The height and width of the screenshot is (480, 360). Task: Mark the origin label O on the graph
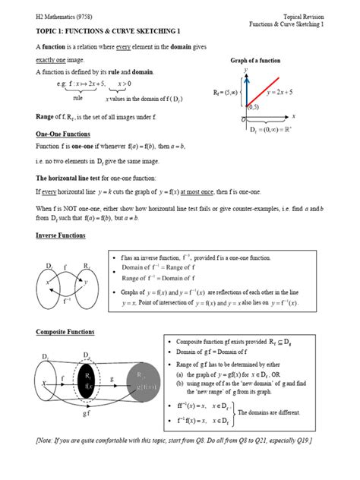pyautogui.click(x=242, y=120)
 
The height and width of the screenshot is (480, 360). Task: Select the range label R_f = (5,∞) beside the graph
pyautogui.click(x=226, y=93)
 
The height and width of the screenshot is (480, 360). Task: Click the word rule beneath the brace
pyautogui.click(x=77, y=98)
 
